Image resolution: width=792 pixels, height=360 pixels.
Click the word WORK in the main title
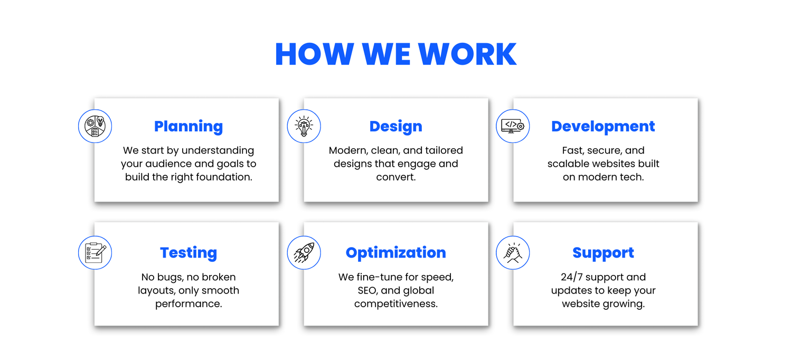click(x=467, y=54)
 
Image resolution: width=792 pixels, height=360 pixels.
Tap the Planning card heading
click(x=188, y=127)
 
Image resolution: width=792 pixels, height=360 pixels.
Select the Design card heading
click(x=395, y=126)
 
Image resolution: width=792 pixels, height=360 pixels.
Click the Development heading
click(x=603, y=126)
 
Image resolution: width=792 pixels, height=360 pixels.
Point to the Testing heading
click(x=188, y=253)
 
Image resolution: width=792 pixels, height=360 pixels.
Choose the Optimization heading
click(x=395, y=252)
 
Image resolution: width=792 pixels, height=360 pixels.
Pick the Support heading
click(x=603, y=253)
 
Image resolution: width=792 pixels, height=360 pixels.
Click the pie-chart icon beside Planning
click(x=95, y=126)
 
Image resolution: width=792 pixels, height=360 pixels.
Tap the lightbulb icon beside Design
click(x=304, y=126)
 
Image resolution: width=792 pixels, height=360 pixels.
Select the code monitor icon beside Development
click(x=513, y=126)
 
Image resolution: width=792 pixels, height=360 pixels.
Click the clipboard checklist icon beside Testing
click(x=95, y=253)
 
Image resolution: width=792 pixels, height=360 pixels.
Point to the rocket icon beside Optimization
click(x=304, y=253)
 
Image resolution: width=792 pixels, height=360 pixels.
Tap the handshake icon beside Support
click(x=513, y=253)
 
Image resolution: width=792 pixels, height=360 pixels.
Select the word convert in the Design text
click(x=395, y=177)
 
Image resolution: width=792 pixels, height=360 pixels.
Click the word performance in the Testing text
click(x=188, y=304)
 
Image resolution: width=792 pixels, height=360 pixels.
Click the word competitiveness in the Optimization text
click(x=395, y=304)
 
